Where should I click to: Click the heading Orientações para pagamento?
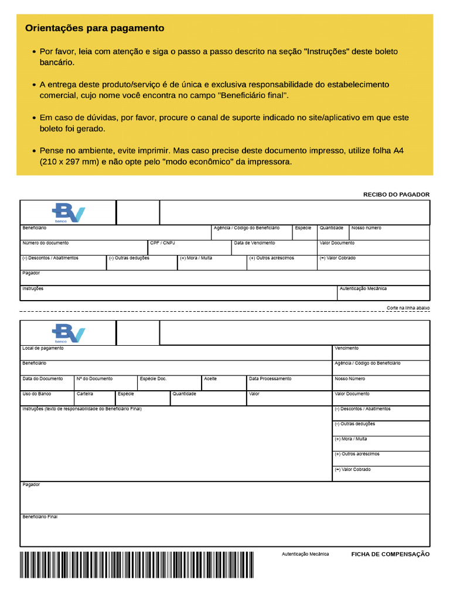(94, 28)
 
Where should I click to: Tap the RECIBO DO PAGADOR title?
(396, 194)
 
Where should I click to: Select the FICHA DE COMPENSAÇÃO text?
(390, 554)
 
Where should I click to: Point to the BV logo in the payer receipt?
(69, 212)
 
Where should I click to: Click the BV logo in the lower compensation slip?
(69, 333)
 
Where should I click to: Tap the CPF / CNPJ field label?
(162, 243)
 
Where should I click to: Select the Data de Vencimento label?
(254, 243)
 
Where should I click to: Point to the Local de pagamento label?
(43, 348)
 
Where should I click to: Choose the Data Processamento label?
(270, 378)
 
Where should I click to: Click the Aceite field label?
(210, 378)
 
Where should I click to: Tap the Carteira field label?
(85, 394)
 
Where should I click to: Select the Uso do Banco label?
(36, 394)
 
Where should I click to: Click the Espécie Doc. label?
(153, 378)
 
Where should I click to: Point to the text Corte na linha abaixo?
(408, 308)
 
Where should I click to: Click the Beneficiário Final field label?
(40, 517)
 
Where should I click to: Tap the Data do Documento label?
(42, 378)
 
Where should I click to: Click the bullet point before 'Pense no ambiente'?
(33, 151)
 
